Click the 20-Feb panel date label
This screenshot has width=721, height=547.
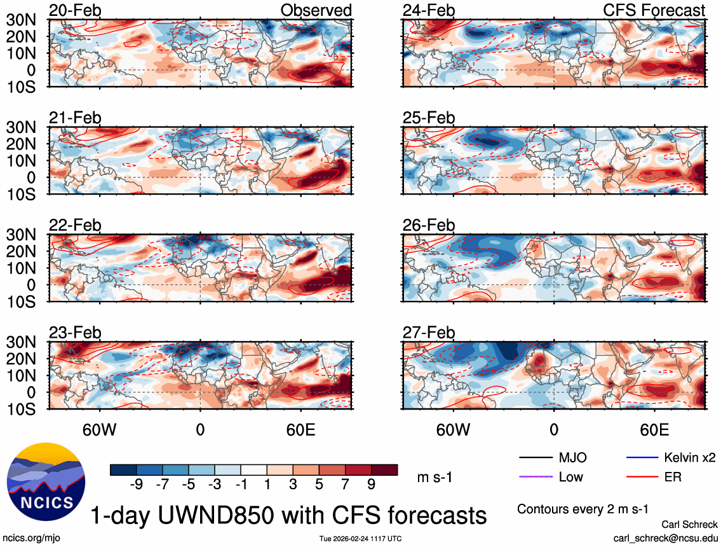75,10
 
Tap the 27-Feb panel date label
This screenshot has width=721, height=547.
429,333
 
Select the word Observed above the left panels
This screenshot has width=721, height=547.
316,10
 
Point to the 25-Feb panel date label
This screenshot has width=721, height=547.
429,118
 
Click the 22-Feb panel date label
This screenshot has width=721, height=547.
75,225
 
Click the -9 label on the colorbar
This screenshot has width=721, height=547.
135,485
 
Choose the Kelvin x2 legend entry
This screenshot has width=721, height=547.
690,458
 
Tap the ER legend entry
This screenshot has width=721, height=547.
673,476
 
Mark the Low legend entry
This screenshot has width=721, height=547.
570,476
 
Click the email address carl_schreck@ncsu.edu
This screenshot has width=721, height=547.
666,537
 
